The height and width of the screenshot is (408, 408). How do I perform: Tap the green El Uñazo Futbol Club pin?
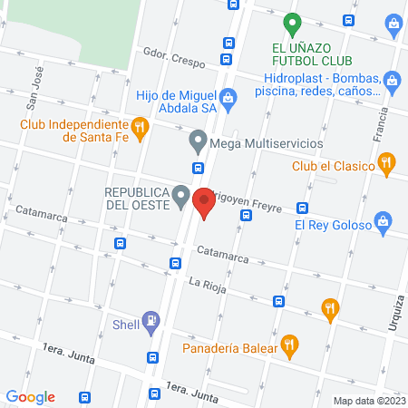click(291, 22)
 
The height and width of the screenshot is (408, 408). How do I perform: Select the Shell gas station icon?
click(151, 319)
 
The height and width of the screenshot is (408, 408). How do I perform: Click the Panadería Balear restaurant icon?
click(289, 344)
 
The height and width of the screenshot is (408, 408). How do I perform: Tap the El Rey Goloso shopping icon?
click(384, 222)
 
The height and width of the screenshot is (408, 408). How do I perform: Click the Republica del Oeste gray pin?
click(181, 195)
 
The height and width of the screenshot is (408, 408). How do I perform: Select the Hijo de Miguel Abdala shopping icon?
click(228, 95)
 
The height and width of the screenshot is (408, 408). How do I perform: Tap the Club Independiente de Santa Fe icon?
click(139, 129)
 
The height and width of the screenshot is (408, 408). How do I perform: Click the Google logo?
click(31, 396)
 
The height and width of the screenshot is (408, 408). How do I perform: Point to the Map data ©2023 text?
click(369, 400)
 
